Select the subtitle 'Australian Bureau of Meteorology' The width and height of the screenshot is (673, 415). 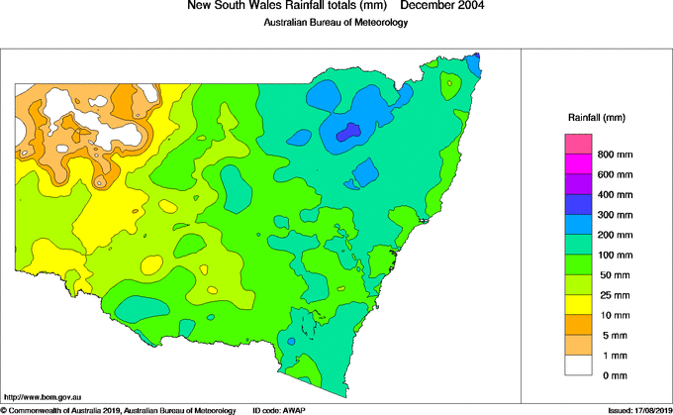pos(336,23)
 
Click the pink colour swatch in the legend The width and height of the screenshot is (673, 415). pos(579,144)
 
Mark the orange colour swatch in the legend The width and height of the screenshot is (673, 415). pos(579,324)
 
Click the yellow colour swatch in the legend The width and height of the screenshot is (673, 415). pos(579,304)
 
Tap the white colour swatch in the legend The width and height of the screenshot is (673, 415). pos(579,364)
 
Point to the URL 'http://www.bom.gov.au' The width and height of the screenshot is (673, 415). pos(42,394)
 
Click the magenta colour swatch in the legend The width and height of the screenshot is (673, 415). pos(579,163)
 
